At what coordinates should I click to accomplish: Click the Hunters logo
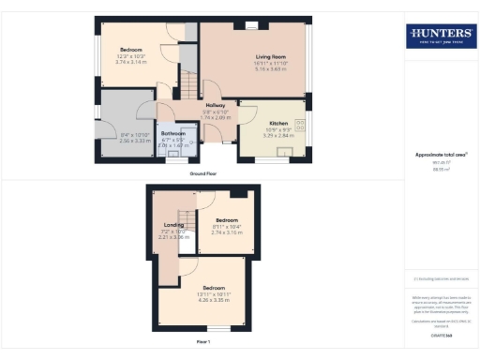click(x=440, y=37)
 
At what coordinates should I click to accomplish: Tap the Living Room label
click(x=272, y=57)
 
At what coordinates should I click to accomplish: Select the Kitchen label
click(x=279, y=124)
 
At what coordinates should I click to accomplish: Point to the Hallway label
click(x=217, y=106)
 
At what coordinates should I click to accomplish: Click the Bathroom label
click(x=172, y=134)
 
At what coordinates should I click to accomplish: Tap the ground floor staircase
click(x=190, y=89)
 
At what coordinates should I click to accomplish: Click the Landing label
click(x=172, y=225)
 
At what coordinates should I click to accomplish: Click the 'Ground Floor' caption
click(x=203, y=173)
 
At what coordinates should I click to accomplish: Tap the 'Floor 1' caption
click(x=203, y=343)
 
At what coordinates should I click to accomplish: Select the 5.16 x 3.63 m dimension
click(x=272, y=68)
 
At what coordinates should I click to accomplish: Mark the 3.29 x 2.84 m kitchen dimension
click(x=279, y=135)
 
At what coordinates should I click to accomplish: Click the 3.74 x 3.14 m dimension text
click(x=132, y=62)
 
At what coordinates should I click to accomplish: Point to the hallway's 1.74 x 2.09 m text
click(x=217, y=117)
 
